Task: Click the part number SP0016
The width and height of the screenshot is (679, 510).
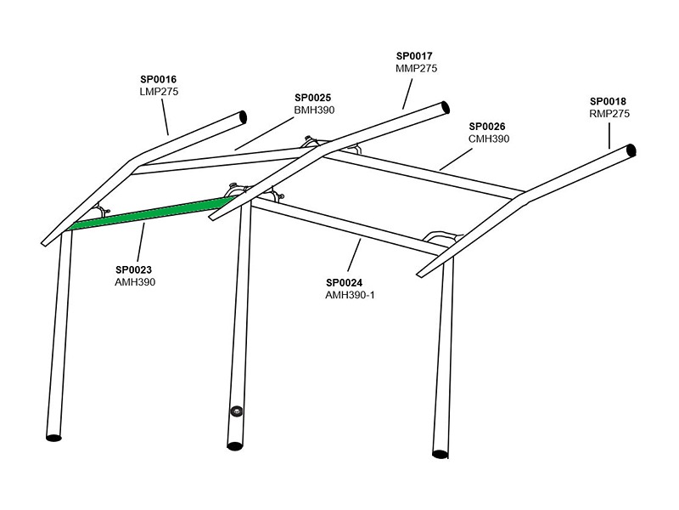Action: pyautogui.click(x=159, y=79)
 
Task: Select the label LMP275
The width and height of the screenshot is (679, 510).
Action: pyautogui.click(x=159, y=92)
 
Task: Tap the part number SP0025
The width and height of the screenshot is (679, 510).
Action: pyautogui.click(x=312, y=98)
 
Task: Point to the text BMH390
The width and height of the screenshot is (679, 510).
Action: pyautogui.click(x=314, y=110)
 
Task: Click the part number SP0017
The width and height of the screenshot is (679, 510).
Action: pyautogui.click(x=414, y=56)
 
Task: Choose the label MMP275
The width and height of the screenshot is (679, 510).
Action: pyautogui.click(x=417, y=69)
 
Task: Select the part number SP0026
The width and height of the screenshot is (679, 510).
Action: pyautogui.click(x=487, y=127)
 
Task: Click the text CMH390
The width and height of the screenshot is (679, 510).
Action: pyautogui.click(x=489, y=139)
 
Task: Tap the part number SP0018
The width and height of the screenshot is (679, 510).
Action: pyautogui.click(x=608, y=101)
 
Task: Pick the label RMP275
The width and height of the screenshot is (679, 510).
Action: pyautogui.click(x=609, y=114)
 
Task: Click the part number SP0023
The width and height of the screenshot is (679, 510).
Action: pyautogui.click(x=134, y=269)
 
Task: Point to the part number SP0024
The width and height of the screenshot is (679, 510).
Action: pyautogui.click(x=345, y=283)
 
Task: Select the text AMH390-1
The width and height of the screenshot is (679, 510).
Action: pyautogui.click(x=350, y=295)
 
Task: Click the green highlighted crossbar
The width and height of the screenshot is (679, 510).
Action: pyautogui.click(x=153, y=213)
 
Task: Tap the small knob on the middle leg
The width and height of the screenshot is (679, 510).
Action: pyautogui.click(x=236, y=411)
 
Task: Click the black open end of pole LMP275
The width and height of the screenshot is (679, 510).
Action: pyautogui.click(x=243, y=116)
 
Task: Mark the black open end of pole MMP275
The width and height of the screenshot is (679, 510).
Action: pyautogui.click(x=445, y=107)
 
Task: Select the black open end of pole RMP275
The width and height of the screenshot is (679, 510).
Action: pyautogui.click(x=631, y=150)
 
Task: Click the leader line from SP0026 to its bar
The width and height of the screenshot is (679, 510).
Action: pyautogui.click(x=456, y=159)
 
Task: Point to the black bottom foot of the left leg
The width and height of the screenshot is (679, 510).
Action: pyautogui.click(x=53, y=438)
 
